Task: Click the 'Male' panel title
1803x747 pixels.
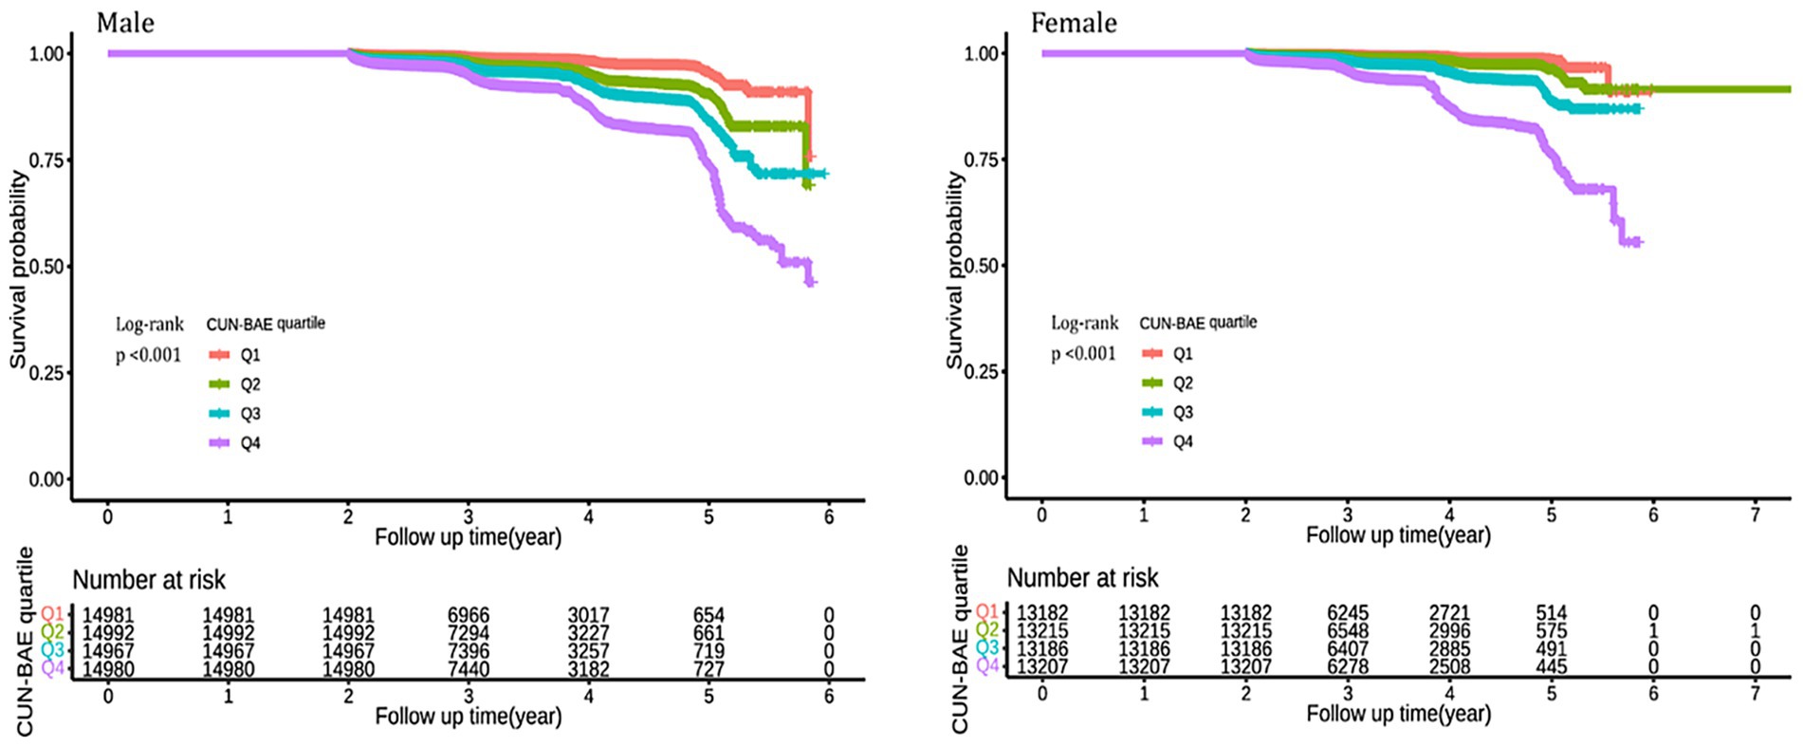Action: click(125, 23)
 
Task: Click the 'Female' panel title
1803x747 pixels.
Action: click(1074, 23)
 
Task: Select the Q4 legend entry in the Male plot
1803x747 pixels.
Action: click(249, 443)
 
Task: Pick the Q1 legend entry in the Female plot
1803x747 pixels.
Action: click(1182, 354)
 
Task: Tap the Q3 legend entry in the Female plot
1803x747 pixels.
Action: click(1182, 413)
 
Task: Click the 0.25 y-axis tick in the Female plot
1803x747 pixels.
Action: click(981, 371)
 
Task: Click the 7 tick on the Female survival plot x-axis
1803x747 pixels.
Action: click(1755, 514)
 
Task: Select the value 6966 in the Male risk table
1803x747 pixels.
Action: click(469, 615)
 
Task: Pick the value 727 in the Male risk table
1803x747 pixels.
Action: click(708, 669)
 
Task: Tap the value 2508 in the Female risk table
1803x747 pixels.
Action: click(1449, 667)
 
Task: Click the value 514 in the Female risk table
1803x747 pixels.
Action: click(1552, 613)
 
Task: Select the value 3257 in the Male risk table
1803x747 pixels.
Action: click(588, 651)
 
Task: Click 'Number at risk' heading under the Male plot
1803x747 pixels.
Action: click(149, 580)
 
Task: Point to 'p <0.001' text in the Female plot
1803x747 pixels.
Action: click(1083, 354)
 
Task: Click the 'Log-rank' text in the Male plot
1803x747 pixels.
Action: click(149, 325)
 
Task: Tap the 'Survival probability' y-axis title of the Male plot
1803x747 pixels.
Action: click(17, 271)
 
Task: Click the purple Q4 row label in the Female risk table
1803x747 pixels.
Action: click(987, 666)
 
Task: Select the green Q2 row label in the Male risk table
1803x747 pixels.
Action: click(53, 633)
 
